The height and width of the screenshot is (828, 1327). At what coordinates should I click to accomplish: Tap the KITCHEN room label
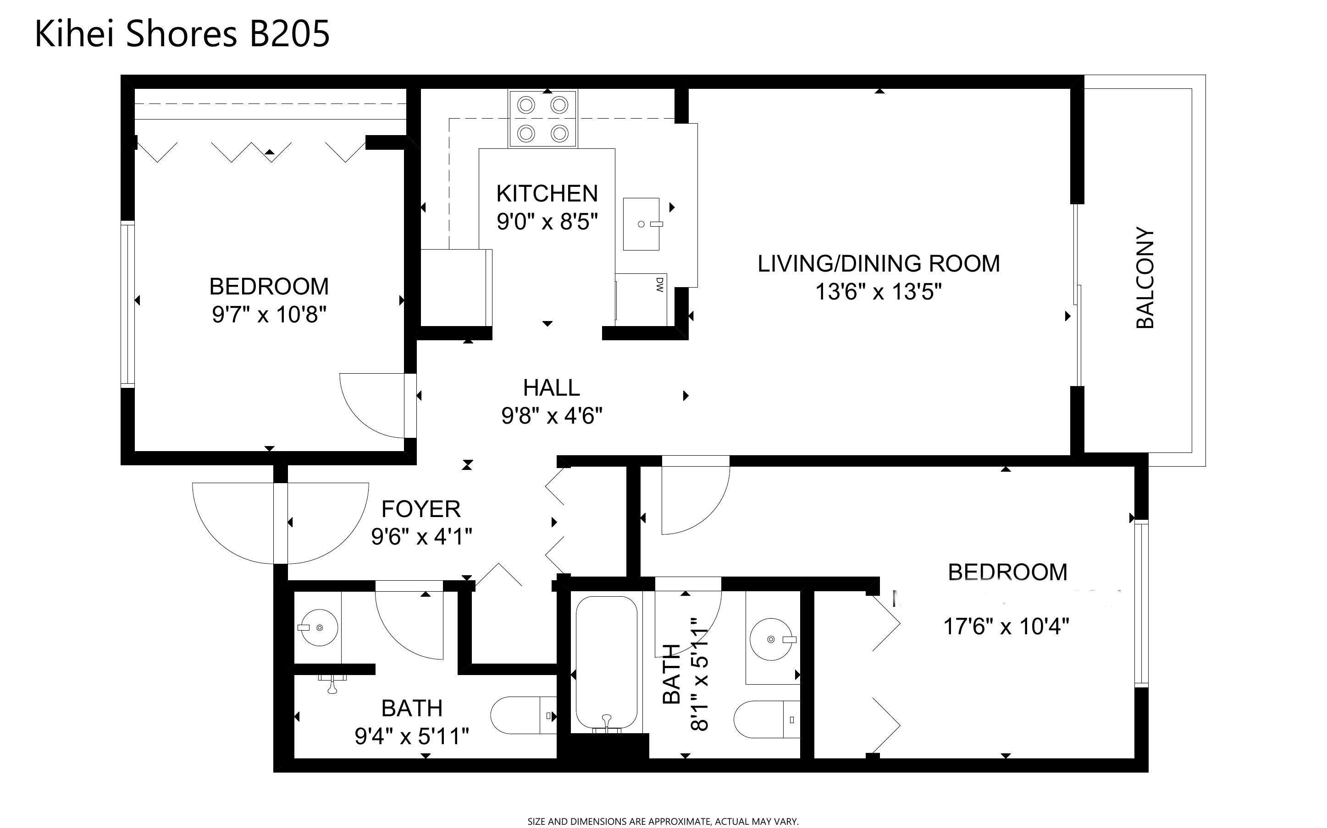coord(547,193)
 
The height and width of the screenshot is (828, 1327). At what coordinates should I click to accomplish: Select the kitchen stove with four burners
coord(542,118)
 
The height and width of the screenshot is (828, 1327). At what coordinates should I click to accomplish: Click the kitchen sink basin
coord(642,224)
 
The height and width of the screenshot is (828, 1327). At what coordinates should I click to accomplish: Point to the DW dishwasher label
coord(659,284)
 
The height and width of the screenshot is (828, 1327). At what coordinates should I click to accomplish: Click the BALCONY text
coord(1145,277)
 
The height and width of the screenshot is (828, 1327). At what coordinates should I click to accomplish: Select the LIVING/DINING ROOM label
coord(879,263)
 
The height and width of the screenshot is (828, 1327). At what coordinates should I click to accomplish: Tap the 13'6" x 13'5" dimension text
coord(879,291)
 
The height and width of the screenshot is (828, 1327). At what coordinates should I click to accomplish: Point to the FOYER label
coord(421,509)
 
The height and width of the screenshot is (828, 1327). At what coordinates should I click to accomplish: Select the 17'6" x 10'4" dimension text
coord(1006,626)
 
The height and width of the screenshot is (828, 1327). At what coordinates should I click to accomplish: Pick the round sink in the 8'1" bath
coord(771,639)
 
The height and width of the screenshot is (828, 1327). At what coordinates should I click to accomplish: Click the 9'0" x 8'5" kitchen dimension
coord(547,221)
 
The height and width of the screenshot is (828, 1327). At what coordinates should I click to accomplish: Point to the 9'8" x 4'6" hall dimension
coord(552,416)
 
